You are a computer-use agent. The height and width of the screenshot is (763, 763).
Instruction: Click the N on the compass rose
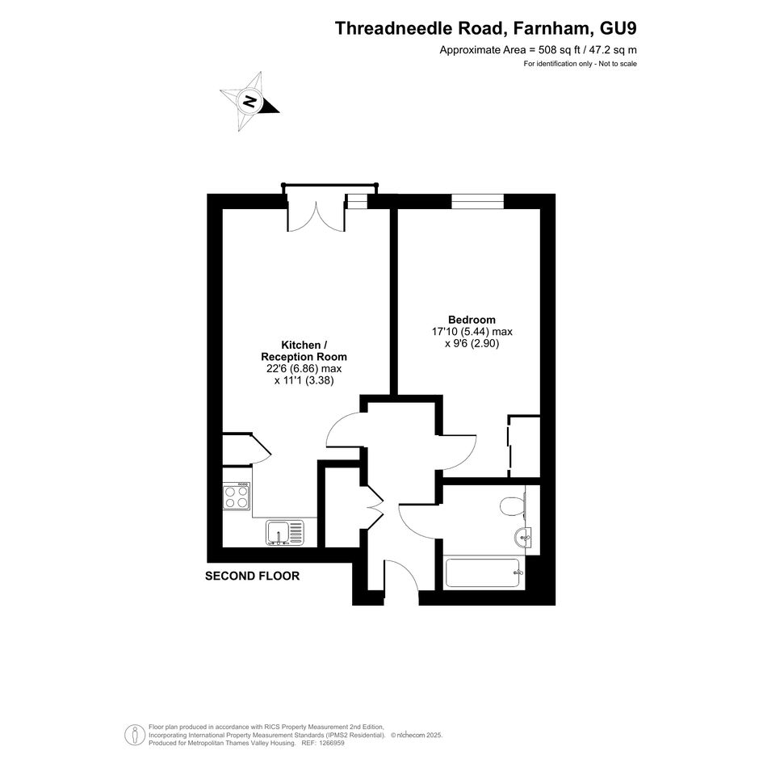pyautogui.click(x=250, y=101)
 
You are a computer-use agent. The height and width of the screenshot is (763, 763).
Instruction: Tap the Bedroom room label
pyautogui.click(x=472, y=320)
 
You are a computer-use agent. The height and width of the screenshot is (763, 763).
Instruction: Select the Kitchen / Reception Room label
pyautogui.click(x=304, y=351)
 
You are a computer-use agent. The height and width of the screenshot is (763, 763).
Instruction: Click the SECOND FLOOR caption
pyautogui.click(x=252, y=576)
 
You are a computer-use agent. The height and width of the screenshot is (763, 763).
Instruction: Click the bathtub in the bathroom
pyautogui.click(x=484, y=573)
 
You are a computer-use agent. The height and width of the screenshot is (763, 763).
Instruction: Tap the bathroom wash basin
pyautogui.click(x=522, y=538)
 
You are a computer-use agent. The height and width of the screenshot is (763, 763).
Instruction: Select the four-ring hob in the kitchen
pyautogui.click(x=237, y=497)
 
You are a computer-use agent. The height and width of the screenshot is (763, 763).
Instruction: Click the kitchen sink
pyautogui.click(x=285, y=532)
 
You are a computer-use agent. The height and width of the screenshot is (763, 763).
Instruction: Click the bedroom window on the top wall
pyautogui.click(x=477, y=202)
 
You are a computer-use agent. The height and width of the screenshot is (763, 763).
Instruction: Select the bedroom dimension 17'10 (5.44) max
pyautogui.click(x=472, y=332)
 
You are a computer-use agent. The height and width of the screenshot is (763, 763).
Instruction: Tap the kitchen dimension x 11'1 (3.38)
pyautogui.click(x=304, y=380)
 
